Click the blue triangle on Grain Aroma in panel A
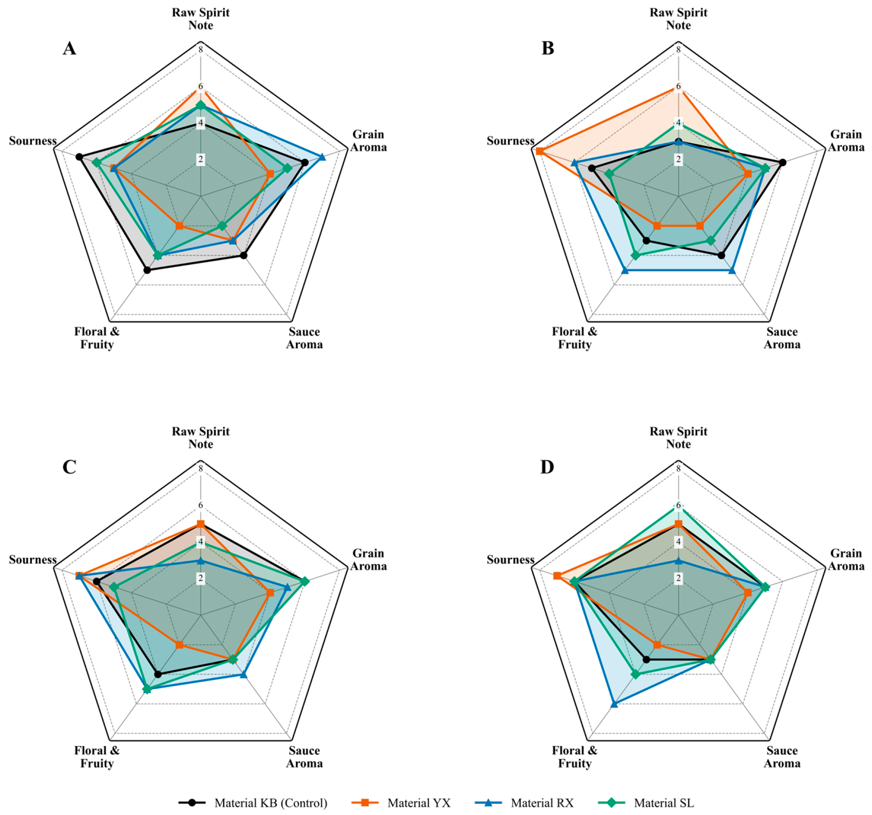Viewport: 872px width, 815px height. (322, 157)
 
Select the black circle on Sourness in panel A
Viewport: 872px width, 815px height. (79, 157)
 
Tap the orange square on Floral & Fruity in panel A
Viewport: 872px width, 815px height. (179, 226)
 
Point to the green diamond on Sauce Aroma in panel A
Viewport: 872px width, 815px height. (222, 226)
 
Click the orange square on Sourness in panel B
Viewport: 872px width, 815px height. (539, 151)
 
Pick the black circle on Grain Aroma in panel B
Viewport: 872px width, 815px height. (783, 163)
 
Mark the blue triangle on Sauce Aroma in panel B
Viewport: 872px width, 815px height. (732, 270)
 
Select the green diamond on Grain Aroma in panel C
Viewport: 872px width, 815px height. (305, 582)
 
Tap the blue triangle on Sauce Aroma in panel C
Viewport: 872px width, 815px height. (243, 674)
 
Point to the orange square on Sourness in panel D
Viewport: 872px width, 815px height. (557, 576)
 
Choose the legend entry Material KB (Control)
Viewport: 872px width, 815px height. (253, 803)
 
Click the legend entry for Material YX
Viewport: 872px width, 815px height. (401, 803)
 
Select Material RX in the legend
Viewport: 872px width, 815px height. (525, 803)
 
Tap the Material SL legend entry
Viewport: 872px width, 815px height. (646, 803)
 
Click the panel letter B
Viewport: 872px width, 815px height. (548, 48)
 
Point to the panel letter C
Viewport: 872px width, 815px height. (70, 467)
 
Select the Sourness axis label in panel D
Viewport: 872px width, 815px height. (510, 560)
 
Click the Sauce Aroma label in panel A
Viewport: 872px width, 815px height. (305, 338)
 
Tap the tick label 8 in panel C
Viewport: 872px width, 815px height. (201, 468)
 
